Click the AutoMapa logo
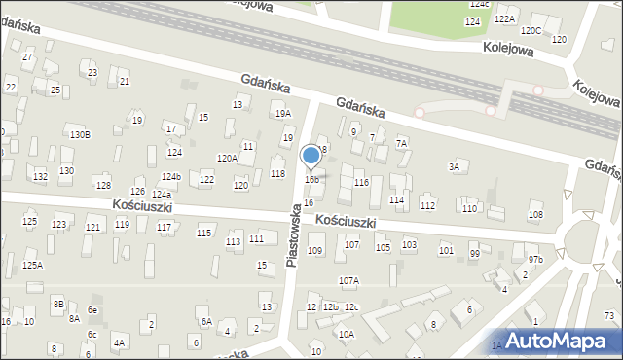coord(558,341)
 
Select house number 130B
coord(80,134)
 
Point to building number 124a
coord(161,195)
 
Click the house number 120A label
coord(227,158)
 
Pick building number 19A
coord(282,114)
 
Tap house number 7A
coord(401,143)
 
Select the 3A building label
coord(454,167)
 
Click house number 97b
coord(535,260)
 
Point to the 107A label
coord(348,281)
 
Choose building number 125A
coord(32,265)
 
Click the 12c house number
coord(350,308)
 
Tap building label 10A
coord(347,334)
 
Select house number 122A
coord(504,18)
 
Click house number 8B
coord(58,305)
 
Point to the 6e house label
coord(92,309)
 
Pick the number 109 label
coord(314,251)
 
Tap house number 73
coord(609,314)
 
